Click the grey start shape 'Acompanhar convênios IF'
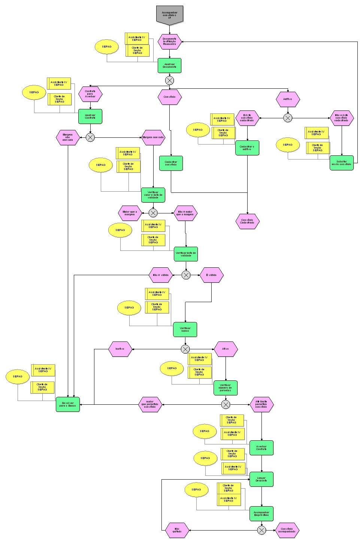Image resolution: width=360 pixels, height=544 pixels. (169, 15)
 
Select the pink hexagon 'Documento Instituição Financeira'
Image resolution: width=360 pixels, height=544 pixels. (169, 41)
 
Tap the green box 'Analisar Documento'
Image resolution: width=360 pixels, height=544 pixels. (169, 66)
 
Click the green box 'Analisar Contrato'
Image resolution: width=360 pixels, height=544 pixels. (90, 116)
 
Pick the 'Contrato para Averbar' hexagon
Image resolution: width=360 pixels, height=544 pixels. (90, 94)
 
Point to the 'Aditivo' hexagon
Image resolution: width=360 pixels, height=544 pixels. (288, 99)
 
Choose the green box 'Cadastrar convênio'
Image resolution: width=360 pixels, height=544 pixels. (171, 163)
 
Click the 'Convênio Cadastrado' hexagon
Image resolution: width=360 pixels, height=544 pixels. (247, 221)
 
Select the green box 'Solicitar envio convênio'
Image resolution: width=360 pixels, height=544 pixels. (341, 163)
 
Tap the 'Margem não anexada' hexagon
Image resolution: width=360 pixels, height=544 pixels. (67, 137)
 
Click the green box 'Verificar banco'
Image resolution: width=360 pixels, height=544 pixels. (185, 329)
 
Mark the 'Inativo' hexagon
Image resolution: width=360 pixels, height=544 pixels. (120, 349)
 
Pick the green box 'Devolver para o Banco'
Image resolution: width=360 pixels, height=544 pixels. (68, 404)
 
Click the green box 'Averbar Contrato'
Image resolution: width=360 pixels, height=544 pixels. (261, 448)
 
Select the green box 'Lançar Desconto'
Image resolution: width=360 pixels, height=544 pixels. (261, 479)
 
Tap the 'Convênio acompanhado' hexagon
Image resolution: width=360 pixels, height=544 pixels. (288, 530)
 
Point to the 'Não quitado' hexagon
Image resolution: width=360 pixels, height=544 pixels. (177, 530)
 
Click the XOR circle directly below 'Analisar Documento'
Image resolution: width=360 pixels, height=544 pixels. (169, 80)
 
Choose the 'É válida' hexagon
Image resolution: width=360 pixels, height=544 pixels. (211, 275)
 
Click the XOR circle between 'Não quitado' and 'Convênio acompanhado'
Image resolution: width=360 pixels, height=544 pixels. (261, 530)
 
